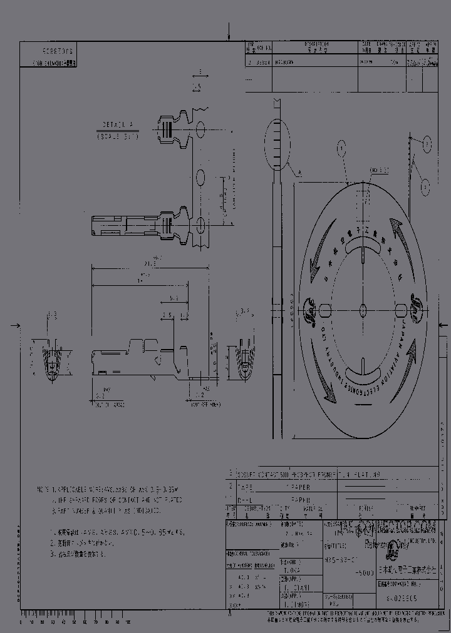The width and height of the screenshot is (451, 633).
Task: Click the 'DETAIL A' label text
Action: (x=117, y=124)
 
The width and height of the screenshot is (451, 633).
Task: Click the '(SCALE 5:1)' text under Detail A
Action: (x=117, y=134)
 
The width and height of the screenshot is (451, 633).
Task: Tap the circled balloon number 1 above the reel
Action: (x=341, y=148)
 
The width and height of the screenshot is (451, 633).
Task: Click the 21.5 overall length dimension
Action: (x=140, y=263)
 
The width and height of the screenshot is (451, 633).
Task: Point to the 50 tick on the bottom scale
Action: (x=74, y=622)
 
